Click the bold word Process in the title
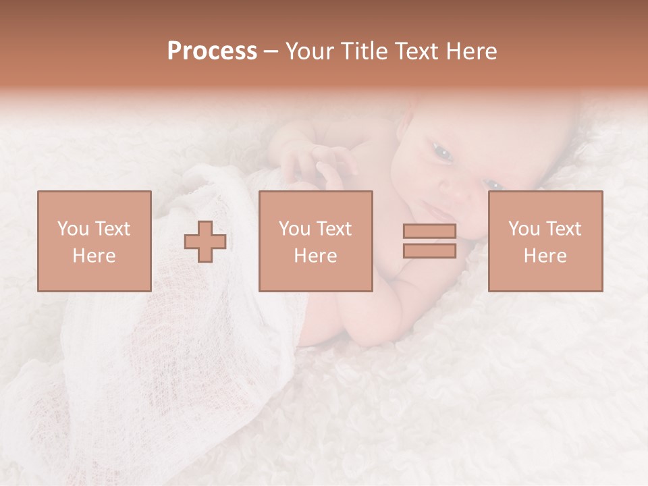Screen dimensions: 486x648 point(212,51)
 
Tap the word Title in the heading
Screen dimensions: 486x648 point(365,51)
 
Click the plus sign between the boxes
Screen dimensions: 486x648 point(205,242)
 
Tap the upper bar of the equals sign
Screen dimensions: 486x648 point(429,231)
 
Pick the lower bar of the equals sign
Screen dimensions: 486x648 point(429,250)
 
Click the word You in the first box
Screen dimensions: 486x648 point(73,229)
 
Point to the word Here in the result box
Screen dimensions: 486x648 point(545,256)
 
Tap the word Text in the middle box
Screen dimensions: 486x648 point(333,229)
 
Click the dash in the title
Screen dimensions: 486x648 point(271,51)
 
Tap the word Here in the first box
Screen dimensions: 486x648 point(94,256)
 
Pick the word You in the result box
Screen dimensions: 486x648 point(524,229)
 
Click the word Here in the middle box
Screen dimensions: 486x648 point(316,256)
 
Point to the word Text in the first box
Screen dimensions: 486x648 point(112,229)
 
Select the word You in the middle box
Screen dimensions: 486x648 point(294,229)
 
